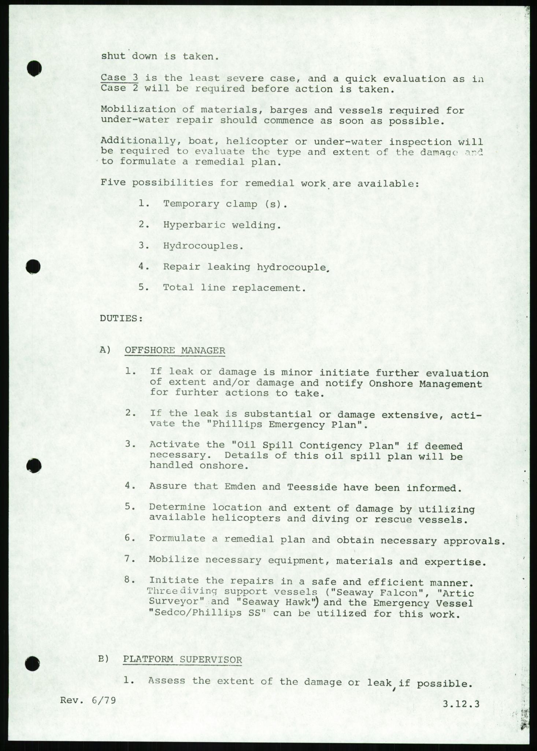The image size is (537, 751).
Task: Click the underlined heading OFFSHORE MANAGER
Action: (175, 350)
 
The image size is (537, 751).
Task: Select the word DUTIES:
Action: (121, 318)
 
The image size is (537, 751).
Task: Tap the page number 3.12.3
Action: (461, 704)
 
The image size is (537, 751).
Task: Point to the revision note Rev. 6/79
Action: (88, 700)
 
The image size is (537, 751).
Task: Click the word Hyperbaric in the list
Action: (194, 225)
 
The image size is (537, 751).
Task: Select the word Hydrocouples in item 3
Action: (203, 246)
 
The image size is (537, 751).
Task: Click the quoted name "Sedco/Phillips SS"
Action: (207, 613)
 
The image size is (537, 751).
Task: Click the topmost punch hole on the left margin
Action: (34, 68)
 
